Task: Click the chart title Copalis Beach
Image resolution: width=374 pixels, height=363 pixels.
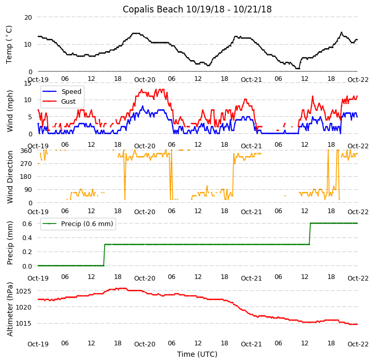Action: click(197, 9)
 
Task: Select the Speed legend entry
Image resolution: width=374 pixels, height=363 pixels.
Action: click(71, 92)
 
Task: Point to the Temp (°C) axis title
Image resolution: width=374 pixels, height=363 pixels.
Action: click(9, 45)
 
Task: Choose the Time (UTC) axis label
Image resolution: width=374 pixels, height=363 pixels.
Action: click(197, 354)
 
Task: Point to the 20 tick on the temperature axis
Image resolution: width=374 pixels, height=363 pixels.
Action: click(27, 17)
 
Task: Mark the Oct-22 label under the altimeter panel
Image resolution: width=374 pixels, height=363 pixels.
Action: click(357, 344)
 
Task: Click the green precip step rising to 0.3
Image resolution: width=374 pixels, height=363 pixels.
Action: click(104, 255)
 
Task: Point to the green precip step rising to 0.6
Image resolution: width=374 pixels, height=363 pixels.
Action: click(310, 233)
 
